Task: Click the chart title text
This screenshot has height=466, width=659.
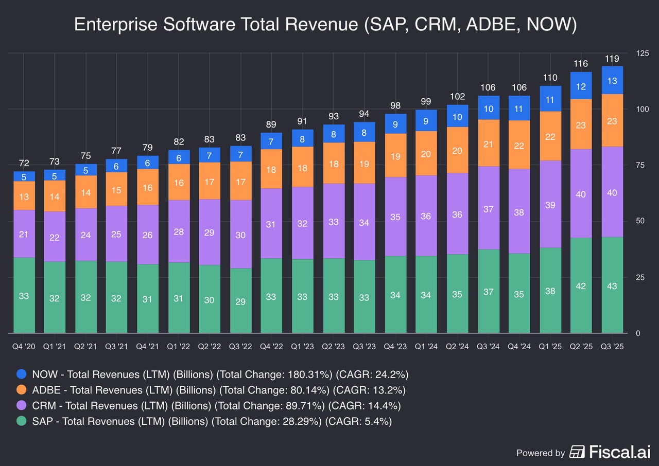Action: click(325, 25)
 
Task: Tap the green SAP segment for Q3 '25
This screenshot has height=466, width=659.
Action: click(612, 285)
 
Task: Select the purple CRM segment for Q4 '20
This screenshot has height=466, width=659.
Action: click(24, 234)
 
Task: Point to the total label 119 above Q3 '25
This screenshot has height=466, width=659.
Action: click(612, 59)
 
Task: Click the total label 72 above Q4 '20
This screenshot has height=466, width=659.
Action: click(24, 164)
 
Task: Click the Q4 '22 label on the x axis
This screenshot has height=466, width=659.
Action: click(272, 347)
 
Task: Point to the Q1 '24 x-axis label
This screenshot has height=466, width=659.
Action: click(426, 347)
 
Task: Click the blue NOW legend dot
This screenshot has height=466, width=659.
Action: click(21, 374)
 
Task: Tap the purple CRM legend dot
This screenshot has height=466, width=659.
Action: click(21, 405)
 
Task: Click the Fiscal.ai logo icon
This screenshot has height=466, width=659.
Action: click(577, 452)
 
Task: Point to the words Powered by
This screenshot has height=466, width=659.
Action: click(541, 453)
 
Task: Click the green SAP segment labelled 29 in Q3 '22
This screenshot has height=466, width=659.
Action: click(241, 300)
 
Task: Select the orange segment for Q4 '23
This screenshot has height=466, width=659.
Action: click(395, 155)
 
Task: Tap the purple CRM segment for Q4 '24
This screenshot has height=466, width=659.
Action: click(519, 211)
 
